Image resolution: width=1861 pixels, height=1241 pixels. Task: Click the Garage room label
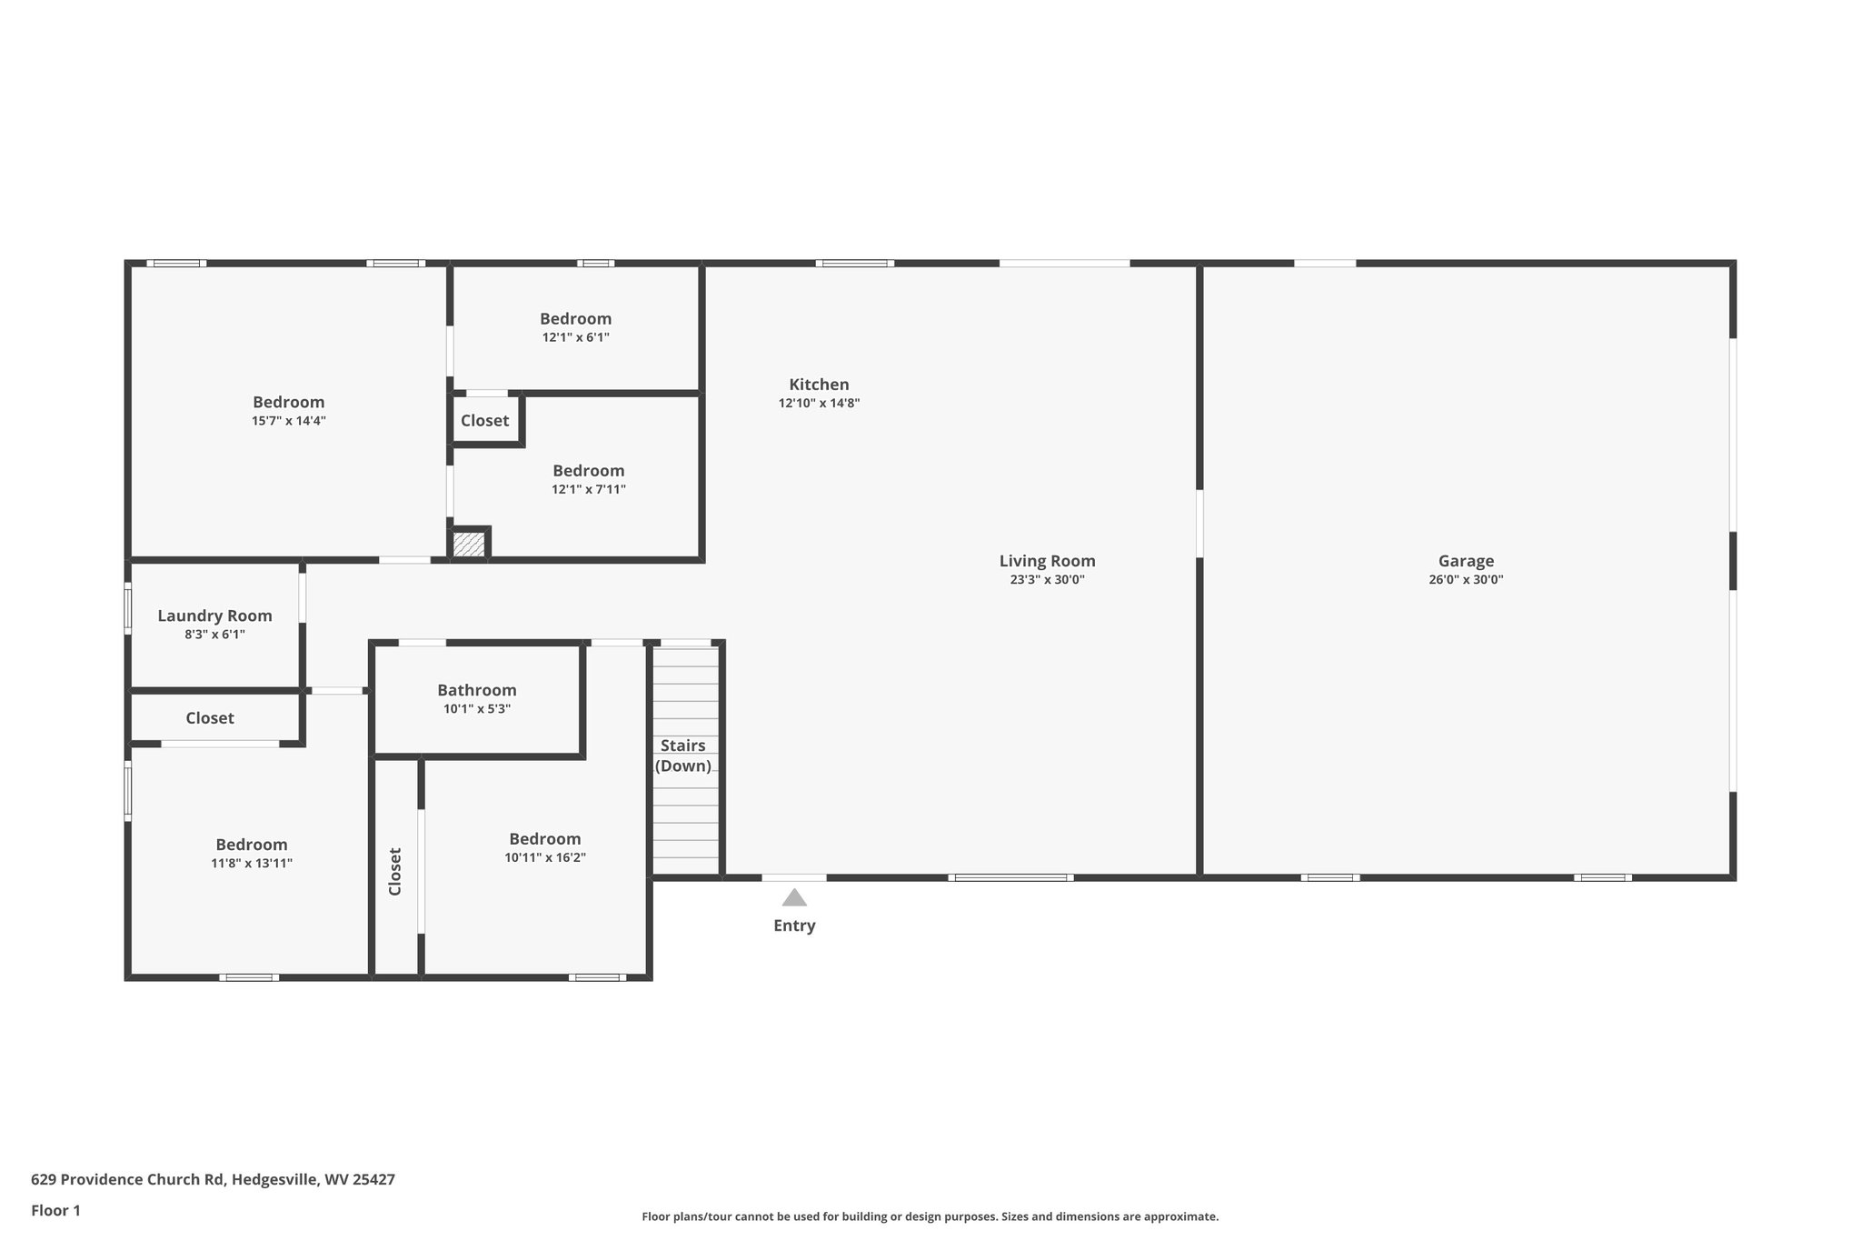1465,561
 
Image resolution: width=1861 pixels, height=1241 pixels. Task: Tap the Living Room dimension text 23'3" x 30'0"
1047,580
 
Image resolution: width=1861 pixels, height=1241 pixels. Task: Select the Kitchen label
819,385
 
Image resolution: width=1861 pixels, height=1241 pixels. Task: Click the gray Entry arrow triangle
794,898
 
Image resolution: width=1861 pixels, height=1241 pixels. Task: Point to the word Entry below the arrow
794,926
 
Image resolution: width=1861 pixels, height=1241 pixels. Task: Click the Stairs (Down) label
683,756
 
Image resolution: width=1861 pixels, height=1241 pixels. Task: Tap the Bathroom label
476,690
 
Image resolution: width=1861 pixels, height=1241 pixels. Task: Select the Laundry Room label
214,615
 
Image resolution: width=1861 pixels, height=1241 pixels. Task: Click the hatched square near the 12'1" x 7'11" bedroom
469,545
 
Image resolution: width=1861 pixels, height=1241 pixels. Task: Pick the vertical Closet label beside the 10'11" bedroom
395,871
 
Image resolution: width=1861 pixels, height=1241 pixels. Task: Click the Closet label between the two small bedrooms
484,420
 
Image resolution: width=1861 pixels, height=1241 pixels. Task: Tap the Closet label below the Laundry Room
210,718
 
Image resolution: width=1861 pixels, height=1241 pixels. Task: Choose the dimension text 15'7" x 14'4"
288,421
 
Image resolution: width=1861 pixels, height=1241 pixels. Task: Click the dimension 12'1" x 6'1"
575,337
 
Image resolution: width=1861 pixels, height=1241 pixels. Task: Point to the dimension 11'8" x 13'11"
252,864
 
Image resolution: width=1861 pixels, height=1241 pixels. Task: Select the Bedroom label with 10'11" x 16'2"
544,839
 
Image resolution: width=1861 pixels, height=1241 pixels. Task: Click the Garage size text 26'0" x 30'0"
1465,580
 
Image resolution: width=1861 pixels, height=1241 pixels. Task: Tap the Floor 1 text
55,1210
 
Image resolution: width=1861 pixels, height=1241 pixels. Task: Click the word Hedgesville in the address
275,1179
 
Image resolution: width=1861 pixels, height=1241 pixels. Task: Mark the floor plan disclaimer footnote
930,1216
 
